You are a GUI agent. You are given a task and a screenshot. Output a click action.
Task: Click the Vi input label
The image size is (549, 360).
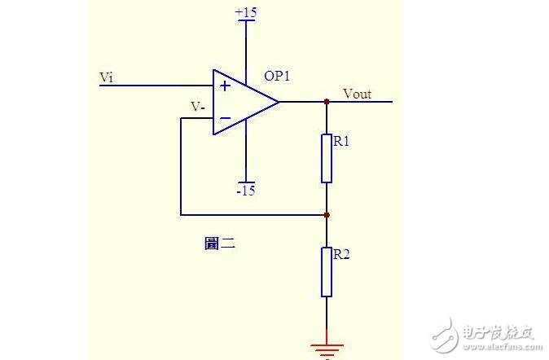tap(106, 77)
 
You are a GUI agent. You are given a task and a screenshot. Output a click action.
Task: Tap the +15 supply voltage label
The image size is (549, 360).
tap(245, 12)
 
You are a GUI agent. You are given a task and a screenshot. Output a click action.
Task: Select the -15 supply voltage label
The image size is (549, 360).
tap(245, 191)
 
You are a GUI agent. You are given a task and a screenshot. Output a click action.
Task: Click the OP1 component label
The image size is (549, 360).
tap(277, 76)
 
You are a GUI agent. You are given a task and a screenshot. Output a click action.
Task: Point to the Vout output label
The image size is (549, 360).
tap(357, 94)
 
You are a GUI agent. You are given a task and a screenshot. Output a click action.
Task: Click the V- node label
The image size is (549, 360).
tap(197, 107)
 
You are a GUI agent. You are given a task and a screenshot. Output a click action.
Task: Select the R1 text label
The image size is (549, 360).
tap(341, 141)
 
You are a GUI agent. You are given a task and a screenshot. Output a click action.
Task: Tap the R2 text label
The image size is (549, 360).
tap(341, 254)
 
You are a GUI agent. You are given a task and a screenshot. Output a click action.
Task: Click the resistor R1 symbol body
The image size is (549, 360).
tap(327, 158)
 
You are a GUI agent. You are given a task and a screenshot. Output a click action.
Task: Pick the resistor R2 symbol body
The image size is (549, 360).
tap(327, 272)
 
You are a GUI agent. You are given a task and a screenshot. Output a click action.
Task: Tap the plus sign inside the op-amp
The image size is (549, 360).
tap(225, 86)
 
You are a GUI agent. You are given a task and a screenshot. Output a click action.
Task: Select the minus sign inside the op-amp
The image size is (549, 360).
tap(225, 118)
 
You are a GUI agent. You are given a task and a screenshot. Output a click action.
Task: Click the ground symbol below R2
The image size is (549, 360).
tap(327, 349)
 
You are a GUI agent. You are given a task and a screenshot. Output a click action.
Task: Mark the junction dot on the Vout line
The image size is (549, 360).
tap(327, 102)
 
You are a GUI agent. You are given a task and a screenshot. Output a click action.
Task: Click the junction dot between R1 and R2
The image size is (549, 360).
tap(327, 215)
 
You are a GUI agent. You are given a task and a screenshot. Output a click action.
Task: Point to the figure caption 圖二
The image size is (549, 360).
tap(219, 243)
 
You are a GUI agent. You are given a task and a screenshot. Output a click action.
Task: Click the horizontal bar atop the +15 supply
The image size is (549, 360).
tap(245, 20)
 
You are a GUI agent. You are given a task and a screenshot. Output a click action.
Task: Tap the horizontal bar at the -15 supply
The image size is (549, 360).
tap(245, 182)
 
